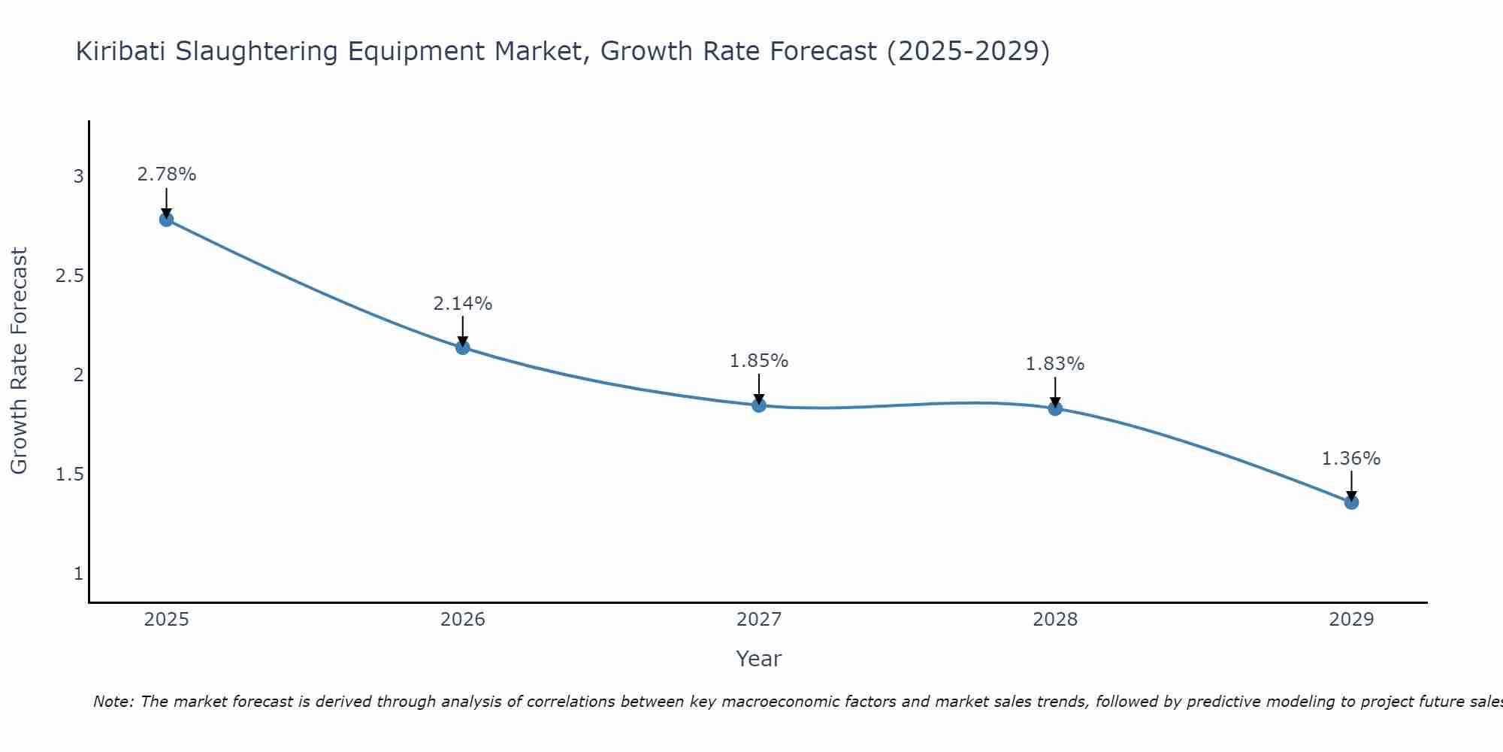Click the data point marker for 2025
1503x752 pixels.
point(166,220)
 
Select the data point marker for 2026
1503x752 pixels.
point(462,347)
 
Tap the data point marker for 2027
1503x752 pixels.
point(759,405)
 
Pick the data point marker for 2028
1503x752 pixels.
point(1055,408)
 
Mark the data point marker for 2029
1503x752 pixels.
point(1351,502)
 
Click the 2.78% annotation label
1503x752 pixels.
point(166,174)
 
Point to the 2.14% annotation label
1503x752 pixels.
point(462,304)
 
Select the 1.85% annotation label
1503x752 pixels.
point(759,361)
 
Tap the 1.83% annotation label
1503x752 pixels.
point(1055,364)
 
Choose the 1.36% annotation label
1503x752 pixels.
point(1351,459)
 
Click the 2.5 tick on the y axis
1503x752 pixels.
point(70,276)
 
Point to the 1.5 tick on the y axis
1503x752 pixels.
point(70,475)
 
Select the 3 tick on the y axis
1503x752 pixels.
point(78,177)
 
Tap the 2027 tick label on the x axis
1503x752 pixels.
point(759,620)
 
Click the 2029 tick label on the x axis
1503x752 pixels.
point(1351,620)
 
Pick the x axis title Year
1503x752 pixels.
point(759,659)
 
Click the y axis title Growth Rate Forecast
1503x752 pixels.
point(19,361)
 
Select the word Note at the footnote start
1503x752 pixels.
point(113,702)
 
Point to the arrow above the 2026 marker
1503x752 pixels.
point(462,331)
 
